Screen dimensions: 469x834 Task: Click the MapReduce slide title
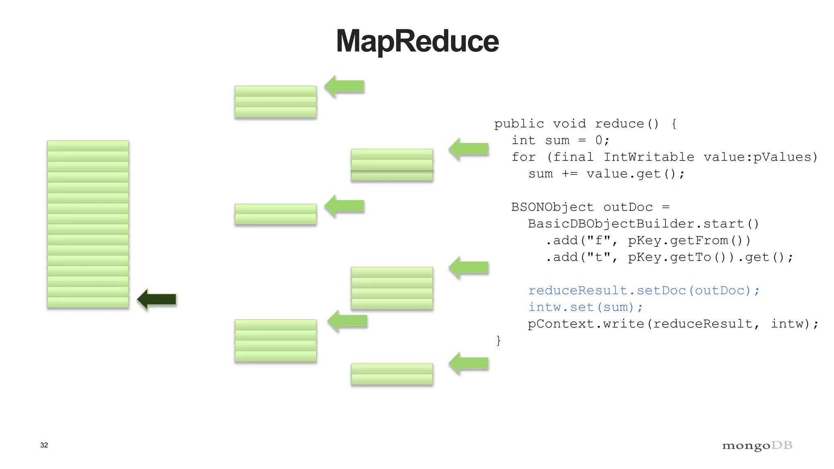tap(417, 41)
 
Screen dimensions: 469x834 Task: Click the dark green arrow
tap(157, 300)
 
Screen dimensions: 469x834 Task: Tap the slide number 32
tap(44, 445)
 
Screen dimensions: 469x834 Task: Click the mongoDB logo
tap(757, 445)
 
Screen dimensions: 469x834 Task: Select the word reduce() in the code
tap(626, 124)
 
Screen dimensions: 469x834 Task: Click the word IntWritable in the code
tap(649, 157)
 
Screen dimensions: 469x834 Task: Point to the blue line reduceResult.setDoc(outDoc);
tap(643, 291)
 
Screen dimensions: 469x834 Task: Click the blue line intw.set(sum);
tap(585, 307)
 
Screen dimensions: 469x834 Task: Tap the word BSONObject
tap(553, 207)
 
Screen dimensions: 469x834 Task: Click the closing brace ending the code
tap(498, 340)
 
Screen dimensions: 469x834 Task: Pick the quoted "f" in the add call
tap(599, 241)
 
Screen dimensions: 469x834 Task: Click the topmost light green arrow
tap(345, 86)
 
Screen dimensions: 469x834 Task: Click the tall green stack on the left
tap(88, 224)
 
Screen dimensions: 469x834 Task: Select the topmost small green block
tap(276, 102)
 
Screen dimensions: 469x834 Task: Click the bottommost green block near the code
tap(392, 375)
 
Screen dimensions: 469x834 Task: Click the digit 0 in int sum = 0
tap(599, 140)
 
